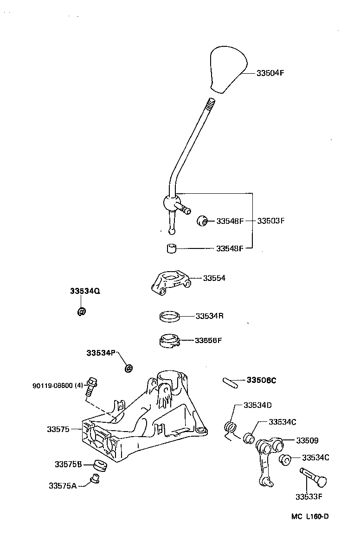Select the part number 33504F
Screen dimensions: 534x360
tap(270, 73)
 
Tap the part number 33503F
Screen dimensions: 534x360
tap(271, 221)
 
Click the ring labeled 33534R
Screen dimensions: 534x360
tap(169, 317)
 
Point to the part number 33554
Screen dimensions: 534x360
tap(214, 278)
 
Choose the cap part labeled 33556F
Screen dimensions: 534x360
tap(167, 340)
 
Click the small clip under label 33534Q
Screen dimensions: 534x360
tap(81, 311)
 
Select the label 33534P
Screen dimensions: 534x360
tap(100, 353)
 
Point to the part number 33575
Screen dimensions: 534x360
tap(58, 429)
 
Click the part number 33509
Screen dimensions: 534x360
tap(308, 440)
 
